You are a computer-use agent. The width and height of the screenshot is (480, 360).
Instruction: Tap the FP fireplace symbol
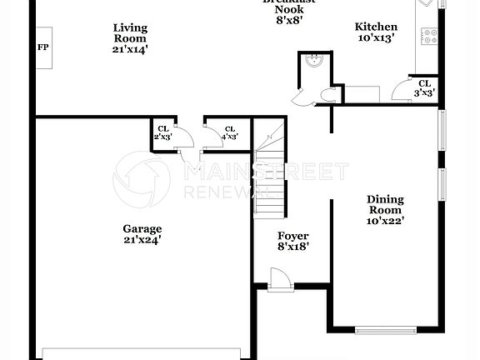[42, 47]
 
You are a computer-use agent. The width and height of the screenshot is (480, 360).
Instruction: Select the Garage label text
[142, 228]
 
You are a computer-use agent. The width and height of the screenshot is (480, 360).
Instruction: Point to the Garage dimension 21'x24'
[142, 240]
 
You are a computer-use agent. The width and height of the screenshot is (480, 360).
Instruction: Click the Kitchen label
[376, 27]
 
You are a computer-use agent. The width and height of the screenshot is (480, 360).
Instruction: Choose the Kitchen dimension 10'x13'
[376, 38]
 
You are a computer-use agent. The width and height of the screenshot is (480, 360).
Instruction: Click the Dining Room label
[386, 205]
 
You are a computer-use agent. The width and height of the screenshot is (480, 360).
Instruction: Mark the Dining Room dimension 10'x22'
[386, 222]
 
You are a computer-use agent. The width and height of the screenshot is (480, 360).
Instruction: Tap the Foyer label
[293, 235]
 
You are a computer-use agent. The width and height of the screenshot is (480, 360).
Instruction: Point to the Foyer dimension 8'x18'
[293, 247]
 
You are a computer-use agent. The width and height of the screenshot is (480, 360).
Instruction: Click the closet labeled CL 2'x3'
[162, 132]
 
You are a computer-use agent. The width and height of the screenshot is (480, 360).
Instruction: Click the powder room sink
[315, 60]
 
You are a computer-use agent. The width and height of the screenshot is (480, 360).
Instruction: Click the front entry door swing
[279, 280]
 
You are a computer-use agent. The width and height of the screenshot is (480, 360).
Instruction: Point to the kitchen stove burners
[431, 36]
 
